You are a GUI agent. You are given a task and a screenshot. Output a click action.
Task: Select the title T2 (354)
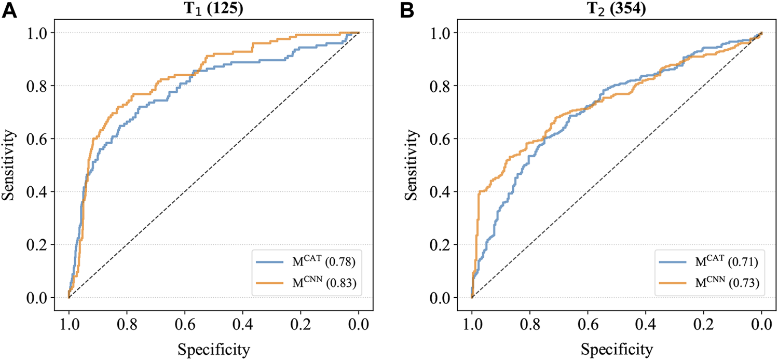(616, 9)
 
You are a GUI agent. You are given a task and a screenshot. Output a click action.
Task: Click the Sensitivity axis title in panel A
(10, 165)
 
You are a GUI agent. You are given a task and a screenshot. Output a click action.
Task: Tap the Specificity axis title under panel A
(213, 347)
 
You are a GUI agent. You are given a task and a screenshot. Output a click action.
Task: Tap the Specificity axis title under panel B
(616, 347)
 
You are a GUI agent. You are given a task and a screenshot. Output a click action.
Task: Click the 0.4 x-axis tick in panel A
(242, 325)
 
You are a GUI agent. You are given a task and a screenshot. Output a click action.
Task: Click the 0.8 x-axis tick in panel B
(529, 325)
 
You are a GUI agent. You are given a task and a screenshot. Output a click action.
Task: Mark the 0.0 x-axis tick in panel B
(761, 325)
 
